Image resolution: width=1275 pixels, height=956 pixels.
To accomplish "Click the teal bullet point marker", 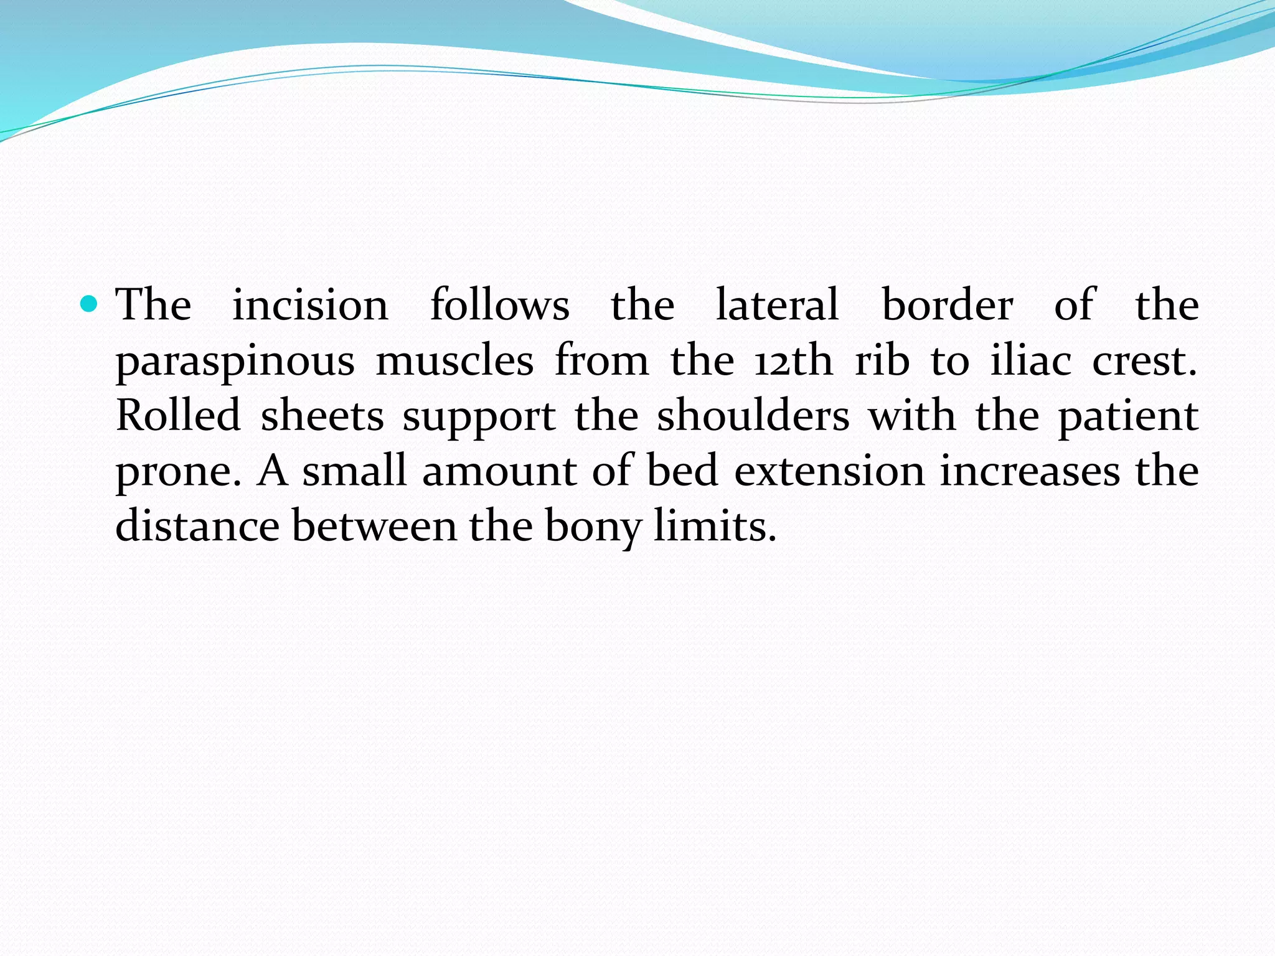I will [x=90, y=304].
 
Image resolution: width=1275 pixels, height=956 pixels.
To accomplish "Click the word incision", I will [x=310, y=306].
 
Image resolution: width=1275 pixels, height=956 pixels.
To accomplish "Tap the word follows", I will [x=499, y=306].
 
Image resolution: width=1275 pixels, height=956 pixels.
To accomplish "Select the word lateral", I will [x=778, y=306].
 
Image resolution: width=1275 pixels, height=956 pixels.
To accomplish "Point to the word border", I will [x=948, y=306].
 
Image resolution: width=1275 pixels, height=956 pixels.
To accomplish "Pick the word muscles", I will [x=454, y=361].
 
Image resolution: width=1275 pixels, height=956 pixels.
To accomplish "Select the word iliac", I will [x=1030, y=361].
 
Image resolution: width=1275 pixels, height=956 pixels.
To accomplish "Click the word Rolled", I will [x=178, y=416].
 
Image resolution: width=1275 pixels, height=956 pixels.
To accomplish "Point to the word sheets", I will [x=322, y=416].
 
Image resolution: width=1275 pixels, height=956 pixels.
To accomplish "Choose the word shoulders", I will [x=753, y=416].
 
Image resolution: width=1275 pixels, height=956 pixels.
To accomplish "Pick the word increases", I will [x=1030, y=471].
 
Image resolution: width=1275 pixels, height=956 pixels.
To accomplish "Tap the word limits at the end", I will [x=715, y=527].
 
